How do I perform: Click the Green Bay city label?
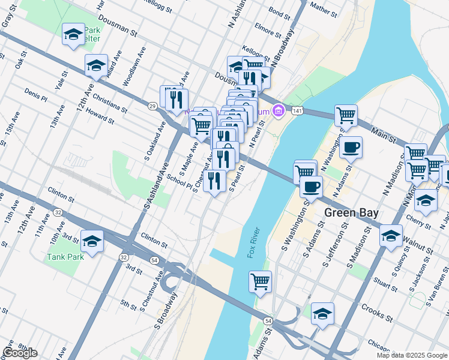coord(349,213)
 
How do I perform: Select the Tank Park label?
coord(65,257)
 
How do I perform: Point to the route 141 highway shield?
coord(297,110)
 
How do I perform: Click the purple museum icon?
coord(277,111)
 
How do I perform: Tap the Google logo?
coord(20,353)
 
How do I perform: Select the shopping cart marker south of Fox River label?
coord(260,281)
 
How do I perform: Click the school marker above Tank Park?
coord(92,241)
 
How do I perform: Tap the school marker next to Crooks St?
coord(322,313)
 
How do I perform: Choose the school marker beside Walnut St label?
coord(391,235)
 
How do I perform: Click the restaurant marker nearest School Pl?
coord(214,180)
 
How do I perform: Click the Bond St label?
coord(280,11)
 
